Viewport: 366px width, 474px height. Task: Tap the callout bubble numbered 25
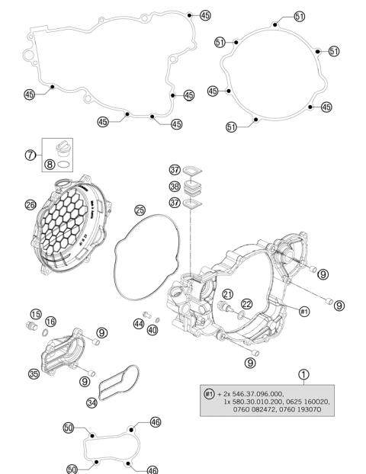click(x=140, y=210)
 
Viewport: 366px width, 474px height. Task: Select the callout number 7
click(x=30, y=155)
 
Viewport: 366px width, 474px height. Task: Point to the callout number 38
click(x=175, y=186)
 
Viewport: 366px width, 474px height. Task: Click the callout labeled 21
click(x=227, y=294)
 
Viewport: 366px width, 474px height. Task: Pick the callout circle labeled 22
click(x=246, y=304)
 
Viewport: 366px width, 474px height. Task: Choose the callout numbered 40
click(x=153, y=330)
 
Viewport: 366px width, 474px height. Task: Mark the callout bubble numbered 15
click(x=36, y=314)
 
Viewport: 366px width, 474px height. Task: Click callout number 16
click(x=50, y=322)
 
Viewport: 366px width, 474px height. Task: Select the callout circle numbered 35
click(x=34, y=373)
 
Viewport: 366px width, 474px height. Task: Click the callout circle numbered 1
click(x=303, y=374)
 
